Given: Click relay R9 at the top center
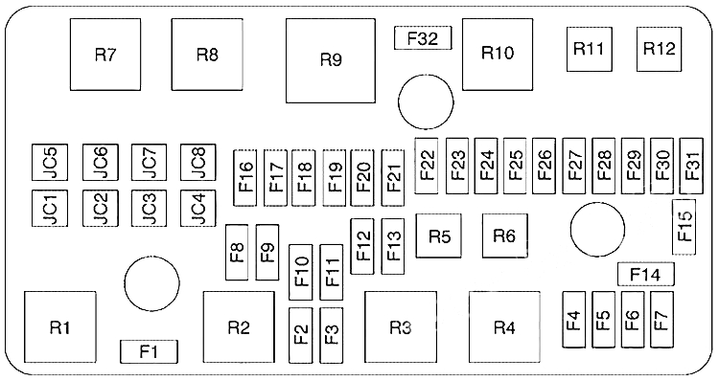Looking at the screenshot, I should tap(330, 59).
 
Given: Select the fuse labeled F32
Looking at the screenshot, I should tap(422, 38).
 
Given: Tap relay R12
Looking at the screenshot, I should tap(661, 48).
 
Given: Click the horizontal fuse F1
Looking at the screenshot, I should tap(149, 351).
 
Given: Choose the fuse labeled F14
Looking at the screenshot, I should tap(645, 276).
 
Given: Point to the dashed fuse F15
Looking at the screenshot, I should tap(684, 226).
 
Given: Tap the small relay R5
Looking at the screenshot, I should tap(440, 235).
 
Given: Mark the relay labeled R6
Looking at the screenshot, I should tap(505, 235).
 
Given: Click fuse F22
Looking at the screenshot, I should tap(427, 167).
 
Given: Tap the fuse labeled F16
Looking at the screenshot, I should tap(245, 177).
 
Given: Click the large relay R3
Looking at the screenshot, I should tap(401, 328).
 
